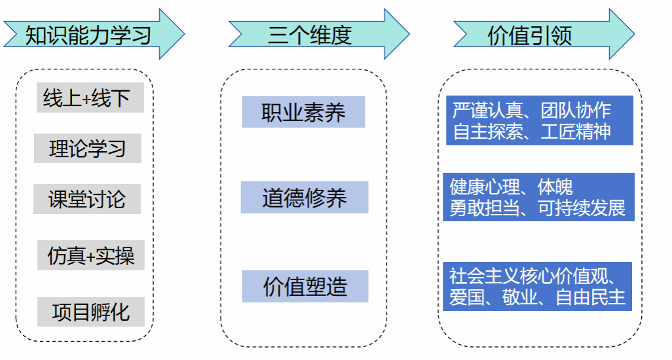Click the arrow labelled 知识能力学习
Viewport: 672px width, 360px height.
point(89,34)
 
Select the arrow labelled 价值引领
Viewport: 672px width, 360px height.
point(531,34)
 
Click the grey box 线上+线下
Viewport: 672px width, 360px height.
point(87,98)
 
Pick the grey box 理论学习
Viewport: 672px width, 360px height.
point(87,149)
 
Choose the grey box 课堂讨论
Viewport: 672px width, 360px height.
point(87,199)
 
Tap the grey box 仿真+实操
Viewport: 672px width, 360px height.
point(90,256)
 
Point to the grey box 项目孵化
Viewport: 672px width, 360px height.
point(90,312)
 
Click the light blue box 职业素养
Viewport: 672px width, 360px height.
point(303,112)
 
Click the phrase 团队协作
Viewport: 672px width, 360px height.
point(576,110)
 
